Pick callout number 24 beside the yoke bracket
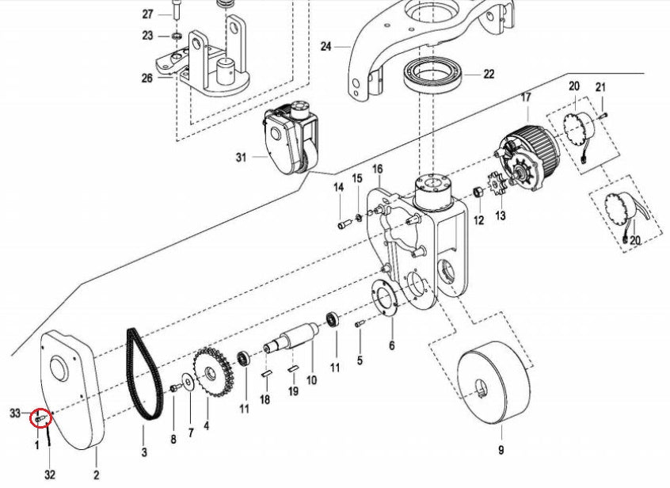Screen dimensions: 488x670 (325, 46)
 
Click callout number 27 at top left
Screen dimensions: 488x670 (148, 14)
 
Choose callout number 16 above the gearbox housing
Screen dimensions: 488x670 (377, 169)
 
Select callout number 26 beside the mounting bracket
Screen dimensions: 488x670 (147, 78)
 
